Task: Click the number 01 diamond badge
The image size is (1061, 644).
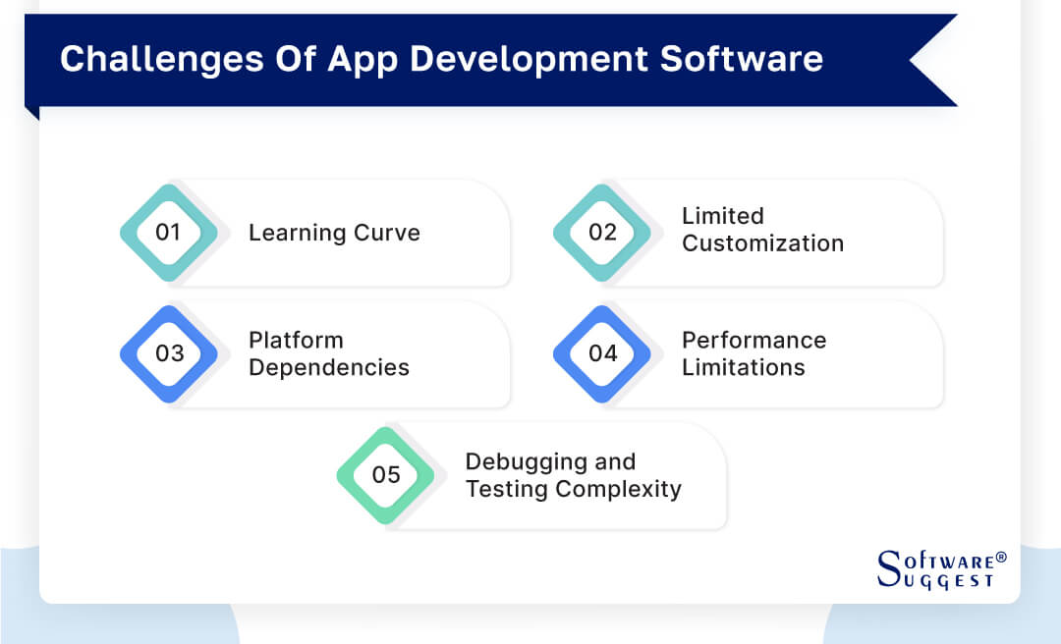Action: [169, 233]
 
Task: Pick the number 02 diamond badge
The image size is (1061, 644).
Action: [602, 233]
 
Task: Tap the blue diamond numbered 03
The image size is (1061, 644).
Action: [169, 353]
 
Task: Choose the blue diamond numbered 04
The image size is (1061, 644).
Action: [602, 353]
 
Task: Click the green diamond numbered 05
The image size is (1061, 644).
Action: [386, 475]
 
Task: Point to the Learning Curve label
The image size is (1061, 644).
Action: [334, 233]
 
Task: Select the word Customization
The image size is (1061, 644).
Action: [762, 243]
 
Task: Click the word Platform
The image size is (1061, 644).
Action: [296, 341]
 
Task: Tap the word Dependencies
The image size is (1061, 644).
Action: [328, 367]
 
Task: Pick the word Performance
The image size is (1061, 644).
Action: [754, 341]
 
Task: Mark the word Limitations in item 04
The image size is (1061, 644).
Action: [743, 367]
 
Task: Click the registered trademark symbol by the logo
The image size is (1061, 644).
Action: [1001, 557]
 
